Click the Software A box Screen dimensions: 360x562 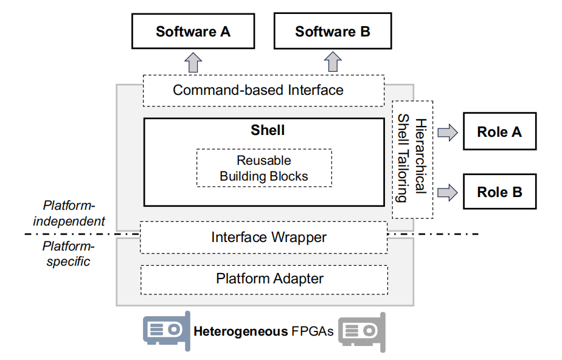point(193,32)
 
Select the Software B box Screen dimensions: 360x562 point(333,32)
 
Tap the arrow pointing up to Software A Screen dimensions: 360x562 point(193,62)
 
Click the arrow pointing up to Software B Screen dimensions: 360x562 point(333,62)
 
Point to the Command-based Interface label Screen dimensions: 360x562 point(258,91)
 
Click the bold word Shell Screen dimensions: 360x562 point(268,130)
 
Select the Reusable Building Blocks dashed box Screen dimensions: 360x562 point(264,168)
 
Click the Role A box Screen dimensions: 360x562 point(499,131)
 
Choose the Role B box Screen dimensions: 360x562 point(499,192)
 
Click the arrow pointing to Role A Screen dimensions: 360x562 point(448,133)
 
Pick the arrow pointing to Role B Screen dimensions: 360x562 point(448,193)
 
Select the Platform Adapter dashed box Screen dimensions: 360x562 point(264,279)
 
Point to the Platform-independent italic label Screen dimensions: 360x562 point(69,213)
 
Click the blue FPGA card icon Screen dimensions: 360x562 point(166,331)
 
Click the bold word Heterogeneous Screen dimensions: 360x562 point(240,331)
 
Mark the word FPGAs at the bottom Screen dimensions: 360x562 point(313,331)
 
